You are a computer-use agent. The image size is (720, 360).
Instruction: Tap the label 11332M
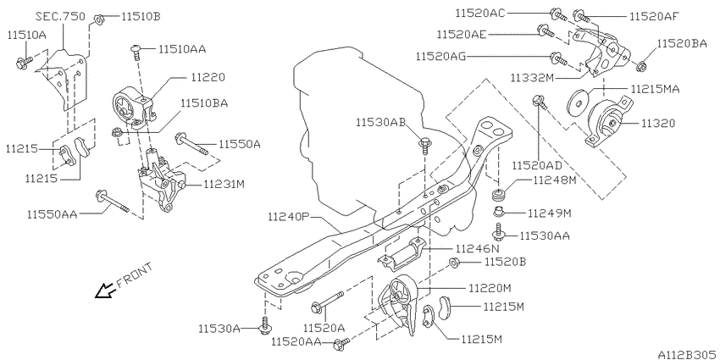click(x=535, y=77)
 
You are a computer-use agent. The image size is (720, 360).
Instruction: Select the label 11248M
click(x=554, y=180)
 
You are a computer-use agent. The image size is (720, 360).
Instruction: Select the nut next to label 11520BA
click(x=641, y=64)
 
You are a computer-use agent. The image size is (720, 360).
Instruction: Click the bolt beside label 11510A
click(x=25, y=61)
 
